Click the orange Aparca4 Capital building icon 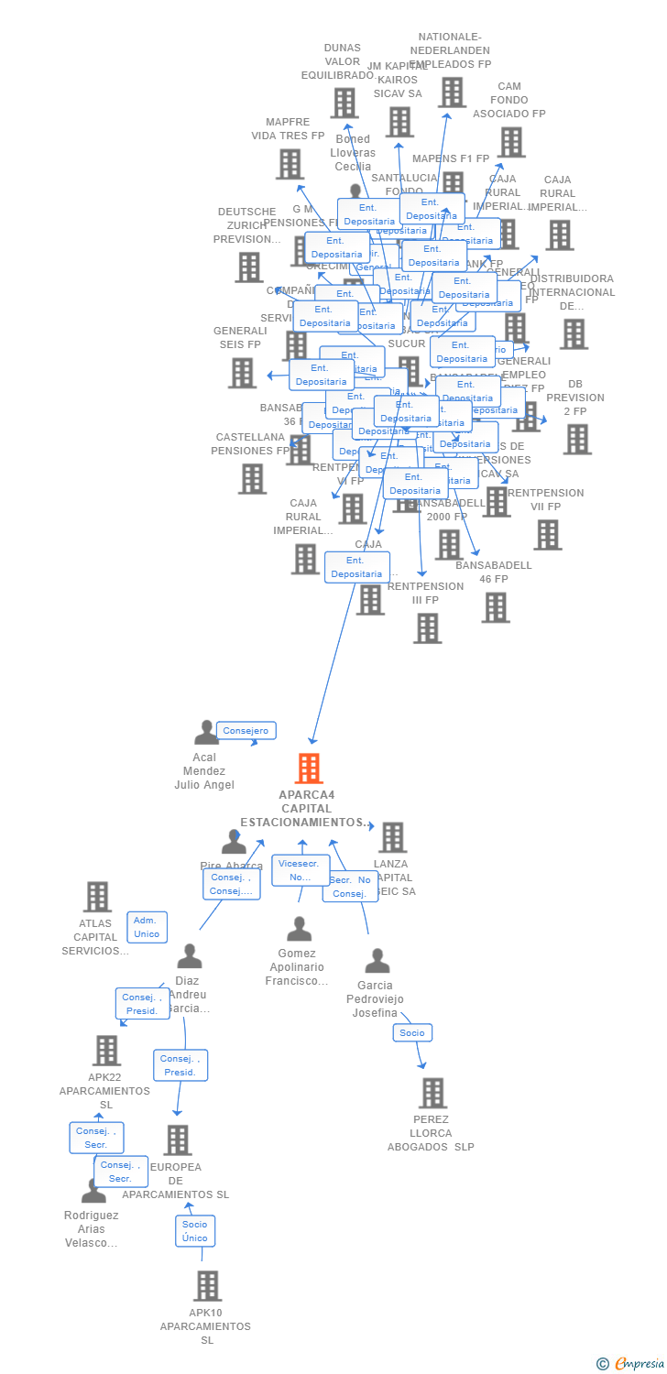[x=309, y=768]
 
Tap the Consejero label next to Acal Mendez [x=246, y=730]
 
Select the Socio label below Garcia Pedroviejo [x=412, y=1032]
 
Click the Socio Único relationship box [x=195, y=1230]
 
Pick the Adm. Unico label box [x=147, y=927]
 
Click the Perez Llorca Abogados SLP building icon [x=432, y=1093]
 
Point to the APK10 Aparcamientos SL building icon [x=207, y=1286]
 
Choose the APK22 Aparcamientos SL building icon [x=106, y=1051]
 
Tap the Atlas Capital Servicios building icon [x=97, y=897]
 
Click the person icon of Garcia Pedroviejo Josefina [x=377, y=961]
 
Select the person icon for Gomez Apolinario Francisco [x=299, y=929]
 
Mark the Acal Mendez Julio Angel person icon [x=205, y=732]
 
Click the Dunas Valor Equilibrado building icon [x=344, y=103]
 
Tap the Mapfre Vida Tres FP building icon [x=289, y=164]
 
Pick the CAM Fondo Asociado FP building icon [x=511, y=142]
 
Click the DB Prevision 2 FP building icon [x=576, y=440]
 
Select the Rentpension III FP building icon [x=427, y=628]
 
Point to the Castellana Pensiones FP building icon [x=252, y=478]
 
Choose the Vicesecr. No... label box [x=300, y=870]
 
